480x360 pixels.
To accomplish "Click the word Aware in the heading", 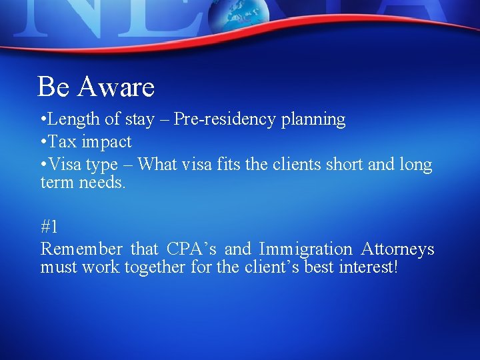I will (116, 87).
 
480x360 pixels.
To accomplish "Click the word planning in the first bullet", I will (313, 120).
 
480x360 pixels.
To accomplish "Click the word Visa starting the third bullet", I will (65, 163).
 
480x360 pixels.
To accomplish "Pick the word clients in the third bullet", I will (300, 163).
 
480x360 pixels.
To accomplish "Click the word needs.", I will (102, 183).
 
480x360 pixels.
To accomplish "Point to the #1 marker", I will (49, 227).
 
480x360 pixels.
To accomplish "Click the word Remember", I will (81, 249).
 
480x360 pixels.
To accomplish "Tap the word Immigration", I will (305, 250).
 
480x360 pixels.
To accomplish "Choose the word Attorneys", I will (397, 249).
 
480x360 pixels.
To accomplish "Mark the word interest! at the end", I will (371, 268).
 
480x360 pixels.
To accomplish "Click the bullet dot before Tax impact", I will (43, 142).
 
